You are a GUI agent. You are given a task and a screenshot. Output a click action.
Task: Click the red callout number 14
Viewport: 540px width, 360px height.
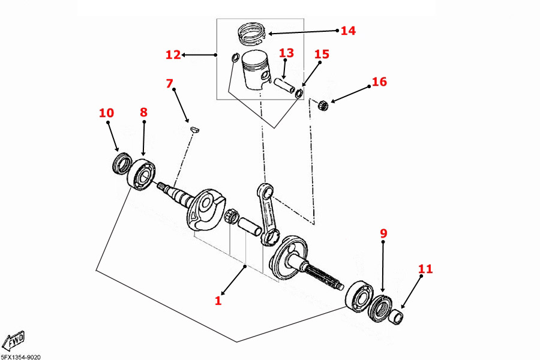[348, 31]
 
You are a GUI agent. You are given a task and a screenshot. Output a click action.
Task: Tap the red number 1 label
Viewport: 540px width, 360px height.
[218, 300]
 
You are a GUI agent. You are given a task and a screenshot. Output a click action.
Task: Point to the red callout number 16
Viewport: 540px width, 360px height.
[379, 82]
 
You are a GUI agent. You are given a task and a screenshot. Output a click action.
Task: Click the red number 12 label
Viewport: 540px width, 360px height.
[173, 55]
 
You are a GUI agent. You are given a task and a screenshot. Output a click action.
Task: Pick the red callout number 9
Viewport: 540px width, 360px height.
[384, 234]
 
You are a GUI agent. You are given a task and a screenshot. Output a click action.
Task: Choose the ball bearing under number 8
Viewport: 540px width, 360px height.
[142, 174]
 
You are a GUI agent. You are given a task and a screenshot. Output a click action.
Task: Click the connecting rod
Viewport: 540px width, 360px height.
[267, 213]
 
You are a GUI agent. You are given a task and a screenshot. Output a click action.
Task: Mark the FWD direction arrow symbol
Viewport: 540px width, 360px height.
[13, 341]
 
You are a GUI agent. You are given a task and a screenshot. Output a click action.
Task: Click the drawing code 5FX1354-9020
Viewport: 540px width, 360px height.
[21, 356]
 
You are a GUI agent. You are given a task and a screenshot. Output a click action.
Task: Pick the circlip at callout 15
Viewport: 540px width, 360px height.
[299, 93]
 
